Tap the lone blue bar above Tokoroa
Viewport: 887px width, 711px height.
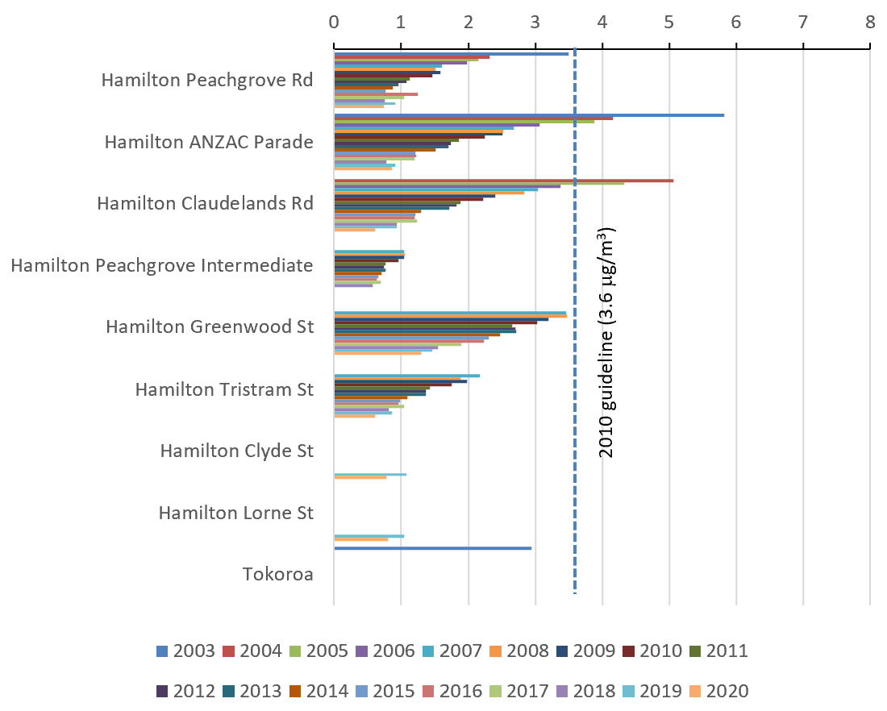click(432, 548)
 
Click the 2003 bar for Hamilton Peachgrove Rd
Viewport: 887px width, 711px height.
click(451, 54)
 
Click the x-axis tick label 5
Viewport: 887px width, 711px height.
click(668, 23)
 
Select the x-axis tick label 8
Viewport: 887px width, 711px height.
click(869, 23)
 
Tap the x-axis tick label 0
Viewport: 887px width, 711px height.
click(334, 23)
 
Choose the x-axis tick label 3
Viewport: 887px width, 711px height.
click(535, 23)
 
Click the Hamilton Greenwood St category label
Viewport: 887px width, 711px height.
click(209, 327)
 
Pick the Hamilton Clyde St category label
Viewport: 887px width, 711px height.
click(236, 451)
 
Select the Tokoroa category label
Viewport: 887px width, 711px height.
click(277, 575)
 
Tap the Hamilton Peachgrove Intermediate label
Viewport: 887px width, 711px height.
click(161, 265)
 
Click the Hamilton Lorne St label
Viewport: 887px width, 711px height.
click(235, 513)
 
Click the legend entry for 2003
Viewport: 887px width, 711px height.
click(185, 651)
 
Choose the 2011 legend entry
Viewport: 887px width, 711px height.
click(718, 651)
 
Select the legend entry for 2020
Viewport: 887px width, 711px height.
click(718, 691)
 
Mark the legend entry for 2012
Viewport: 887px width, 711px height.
click(185, 691)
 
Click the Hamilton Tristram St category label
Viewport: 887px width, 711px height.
click(223, 389)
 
